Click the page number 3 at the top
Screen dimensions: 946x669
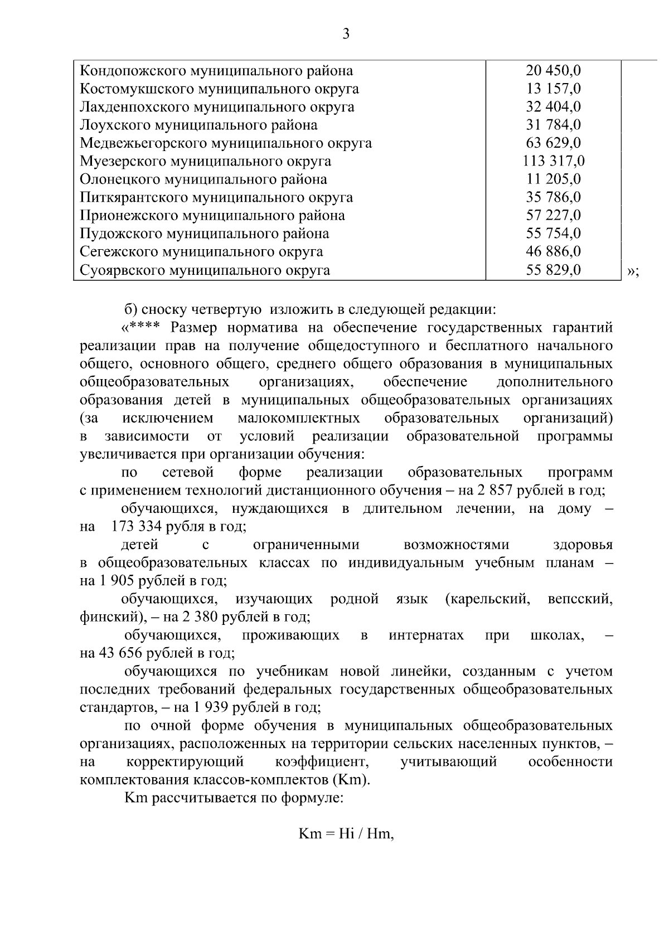345,35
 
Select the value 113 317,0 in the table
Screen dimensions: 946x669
553,161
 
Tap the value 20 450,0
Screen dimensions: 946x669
553,71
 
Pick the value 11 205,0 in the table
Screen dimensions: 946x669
553,180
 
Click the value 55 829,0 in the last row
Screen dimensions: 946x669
553,270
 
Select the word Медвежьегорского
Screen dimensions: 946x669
142,143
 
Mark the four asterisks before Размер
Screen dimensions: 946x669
146,327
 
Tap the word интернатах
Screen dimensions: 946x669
426,635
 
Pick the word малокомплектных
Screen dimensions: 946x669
298,418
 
